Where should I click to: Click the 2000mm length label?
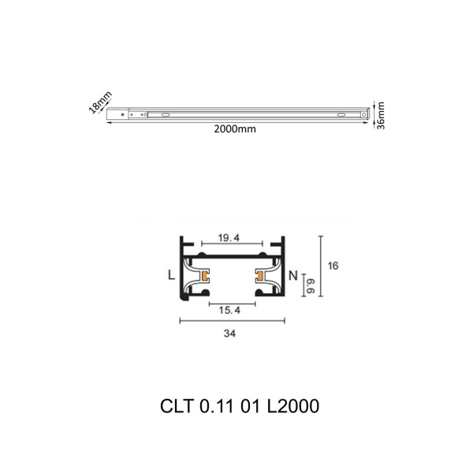click(x=235, y=129)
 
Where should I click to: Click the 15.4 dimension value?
click(x=229, y=311)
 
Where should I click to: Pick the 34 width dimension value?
click(x=229, y=333)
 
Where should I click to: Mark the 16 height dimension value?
click(x=333, y=266)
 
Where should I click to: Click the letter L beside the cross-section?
click(x=170, y=276)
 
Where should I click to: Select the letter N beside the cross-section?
click(x=292, y=276)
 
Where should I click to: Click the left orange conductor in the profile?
click(x=204, y=276)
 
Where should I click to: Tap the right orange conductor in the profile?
click(x=259, y=276)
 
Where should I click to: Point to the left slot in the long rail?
click(x=165, y=115)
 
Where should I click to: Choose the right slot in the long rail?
click(x=341, y=115)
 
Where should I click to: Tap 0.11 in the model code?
click(x=214, y=407)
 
